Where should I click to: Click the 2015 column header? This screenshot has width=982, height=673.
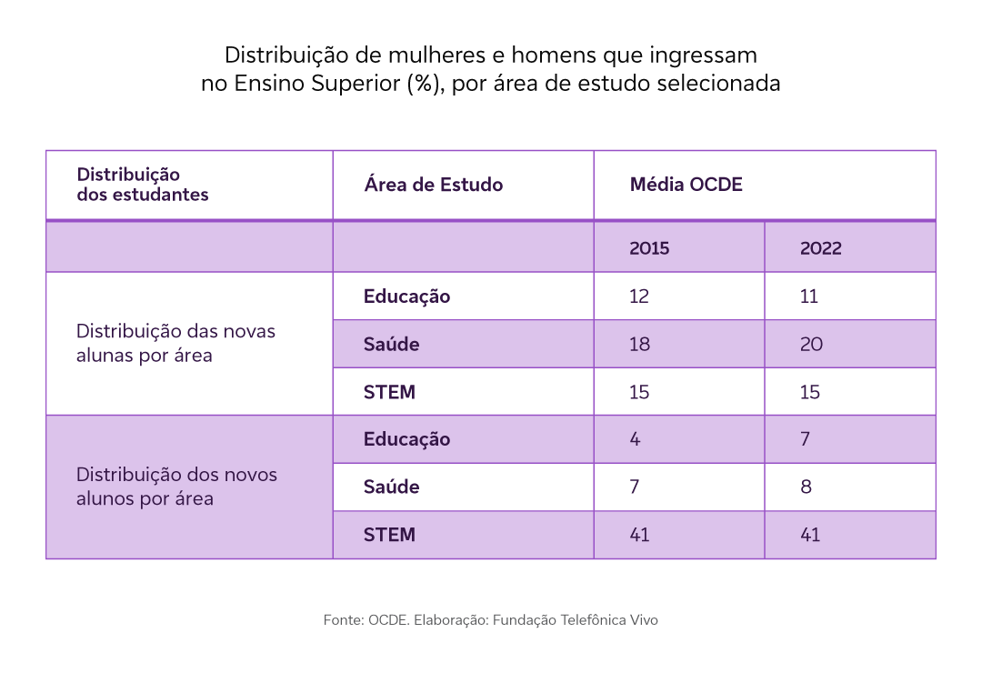649,248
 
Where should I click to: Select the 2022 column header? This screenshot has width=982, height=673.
820,248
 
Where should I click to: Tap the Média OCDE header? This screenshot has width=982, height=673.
686,185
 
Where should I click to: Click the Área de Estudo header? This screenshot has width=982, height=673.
433,185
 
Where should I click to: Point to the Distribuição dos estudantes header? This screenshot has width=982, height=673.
142,185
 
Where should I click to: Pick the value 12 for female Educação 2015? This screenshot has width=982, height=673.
640,296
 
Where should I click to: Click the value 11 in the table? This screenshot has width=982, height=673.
809,296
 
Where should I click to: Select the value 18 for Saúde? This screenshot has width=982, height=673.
640,345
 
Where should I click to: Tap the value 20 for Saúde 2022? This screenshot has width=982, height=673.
811,345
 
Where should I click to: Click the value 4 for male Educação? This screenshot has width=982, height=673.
635,439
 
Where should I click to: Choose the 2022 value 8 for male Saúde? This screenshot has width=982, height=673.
806,487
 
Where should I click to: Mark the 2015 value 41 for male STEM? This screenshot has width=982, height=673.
639,535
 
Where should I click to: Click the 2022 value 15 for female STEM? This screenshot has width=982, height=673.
810,392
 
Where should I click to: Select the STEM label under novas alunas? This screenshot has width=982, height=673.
389,392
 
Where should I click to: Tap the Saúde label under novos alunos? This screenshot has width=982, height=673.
391,487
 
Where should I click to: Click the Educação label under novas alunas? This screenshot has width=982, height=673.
406,296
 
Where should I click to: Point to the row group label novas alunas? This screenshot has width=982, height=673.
175,343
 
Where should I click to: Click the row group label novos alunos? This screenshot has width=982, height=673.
176,487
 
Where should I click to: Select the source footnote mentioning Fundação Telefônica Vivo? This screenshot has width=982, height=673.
490,620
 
